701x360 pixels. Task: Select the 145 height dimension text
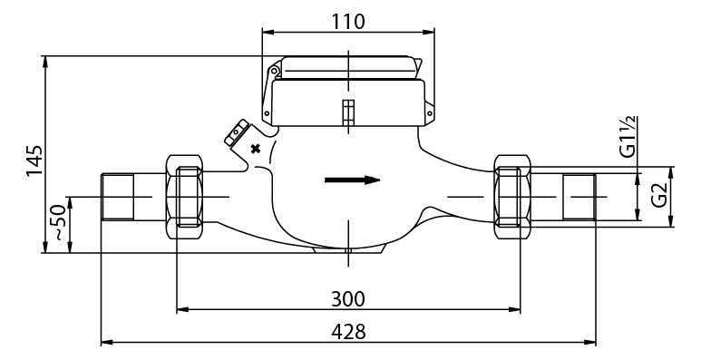click(34, 161)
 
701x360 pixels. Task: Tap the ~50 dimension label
click(58, 222)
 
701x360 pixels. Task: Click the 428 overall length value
click(347, 331)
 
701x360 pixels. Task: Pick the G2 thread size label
click(659, 194)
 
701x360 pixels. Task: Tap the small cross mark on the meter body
click(255, 149)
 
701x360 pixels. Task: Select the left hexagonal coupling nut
click(188, 197)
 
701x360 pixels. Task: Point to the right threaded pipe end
click(579, 197)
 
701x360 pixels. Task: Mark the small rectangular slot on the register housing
click(346, 112)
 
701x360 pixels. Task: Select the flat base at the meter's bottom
click(347, 248)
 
